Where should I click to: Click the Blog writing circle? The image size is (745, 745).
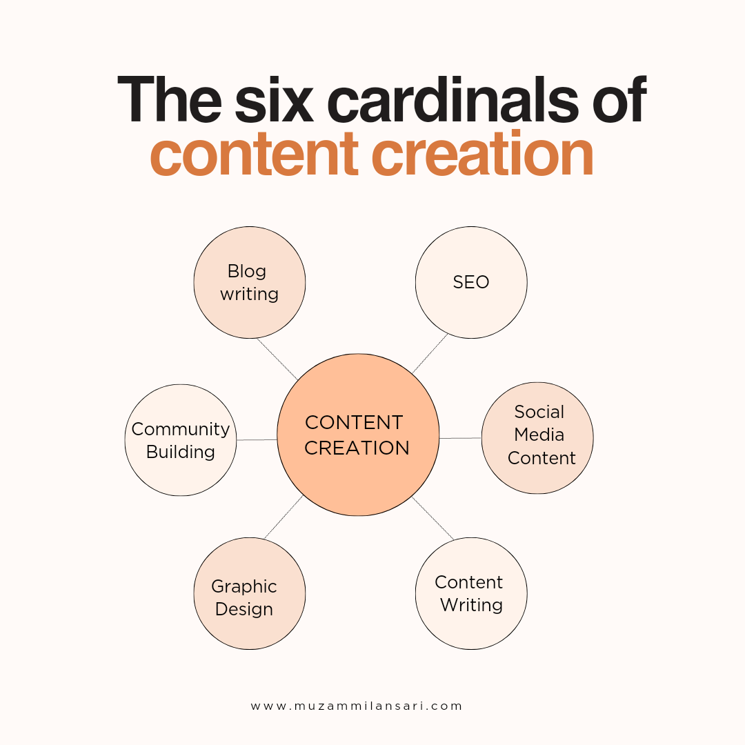(250, 283)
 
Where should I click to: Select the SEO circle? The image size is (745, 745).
(471, 283)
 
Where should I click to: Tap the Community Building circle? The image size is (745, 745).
(181, 440)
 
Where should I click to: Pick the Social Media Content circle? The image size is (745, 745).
(537, 438)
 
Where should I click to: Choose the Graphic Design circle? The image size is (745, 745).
(250, 593)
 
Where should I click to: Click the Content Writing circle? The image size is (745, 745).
(471, 593)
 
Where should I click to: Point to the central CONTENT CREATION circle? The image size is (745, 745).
(358, 435)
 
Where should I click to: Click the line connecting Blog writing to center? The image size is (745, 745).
(277, 359)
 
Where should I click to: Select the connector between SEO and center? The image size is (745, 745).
(430, 353)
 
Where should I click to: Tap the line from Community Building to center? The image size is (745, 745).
(257, 440)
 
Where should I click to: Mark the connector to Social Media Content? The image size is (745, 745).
(460, 438)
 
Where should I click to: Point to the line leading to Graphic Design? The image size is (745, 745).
(284, 517)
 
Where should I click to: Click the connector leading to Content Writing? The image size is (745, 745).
(433, 518)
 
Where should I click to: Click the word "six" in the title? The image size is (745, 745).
(274, 101)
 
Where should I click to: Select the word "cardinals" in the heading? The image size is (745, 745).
(453, 100)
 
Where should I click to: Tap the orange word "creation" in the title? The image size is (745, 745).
(481, 153)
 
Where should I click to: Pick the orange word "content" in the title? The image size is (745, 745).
(254, 155)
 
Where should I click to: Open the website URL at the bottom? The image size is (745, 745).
(357, 706)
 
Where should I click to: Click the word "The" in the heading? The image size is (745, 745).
(170, 100)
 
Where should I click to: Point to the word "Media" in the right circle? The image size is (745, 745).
(539, 435)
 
